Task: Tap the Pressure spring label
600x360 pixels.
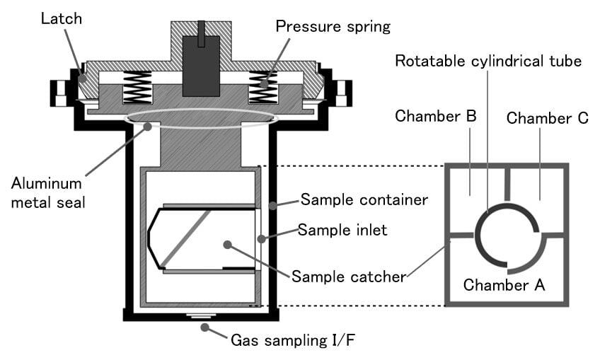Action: (333, 27)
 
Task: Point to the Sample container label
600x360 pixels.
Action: (364, 200)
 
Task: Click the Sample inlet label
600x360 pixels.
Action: (342, 230)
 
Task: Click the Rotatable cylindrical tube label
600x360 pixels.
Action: (488, 62)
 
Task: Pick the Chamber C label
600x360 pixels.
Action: (547, 118)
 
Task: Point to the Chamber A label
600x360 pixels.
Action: (504, 286)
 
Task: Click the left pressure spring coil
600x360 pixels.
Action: (137, 88)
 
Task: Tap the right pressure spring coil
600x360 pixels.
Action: (262, 87)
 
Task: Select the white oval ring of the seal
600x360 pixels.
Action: (200, 118)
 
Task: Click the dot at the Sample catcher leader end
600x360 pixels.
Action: (227, 245)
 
